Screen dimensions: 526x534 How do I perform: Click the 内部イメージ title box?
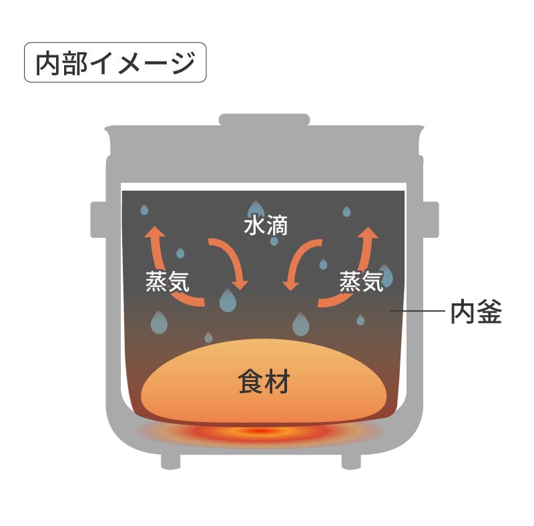[115, 63]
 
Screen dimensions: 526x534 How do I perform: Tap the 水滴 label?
[265, 226]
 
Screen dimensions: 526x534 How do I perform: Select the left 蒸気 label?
[168, 281]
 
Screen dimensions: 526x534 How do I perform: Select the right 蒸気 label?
[361, 281]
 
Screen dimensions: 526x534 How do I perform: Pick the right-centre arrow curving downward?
[299, 263]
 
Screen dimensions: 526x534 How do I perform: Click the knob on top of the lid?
[265, 121]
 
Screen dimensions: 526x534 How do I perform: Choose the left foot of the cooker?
[172, 460]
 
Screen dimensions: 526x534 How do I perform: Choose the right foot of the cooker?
[352, 460]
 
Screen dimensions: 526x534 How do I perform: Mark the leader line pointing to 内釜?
[417, 311]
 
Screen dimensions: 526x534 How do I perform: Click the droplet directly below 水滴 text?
[274, 240]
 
